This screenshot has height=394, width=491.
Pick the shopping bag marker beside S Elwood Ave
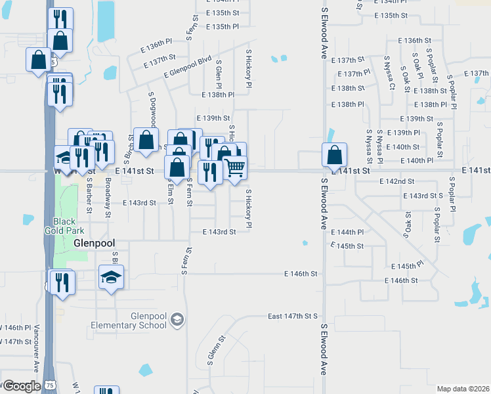(x=334, y=155)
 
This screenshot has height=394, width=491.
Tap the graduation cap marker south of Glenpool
(x=111, y=277)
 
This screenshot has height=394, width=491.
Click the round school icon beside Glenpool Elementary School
(x=176, y=320)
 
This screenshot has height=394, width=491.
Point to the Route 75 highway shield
(x=51, y=385)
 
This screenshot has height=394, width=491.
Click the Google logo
(x=21, y=386)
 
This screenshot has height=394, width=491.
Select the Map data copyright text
(x=463, y=389)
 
